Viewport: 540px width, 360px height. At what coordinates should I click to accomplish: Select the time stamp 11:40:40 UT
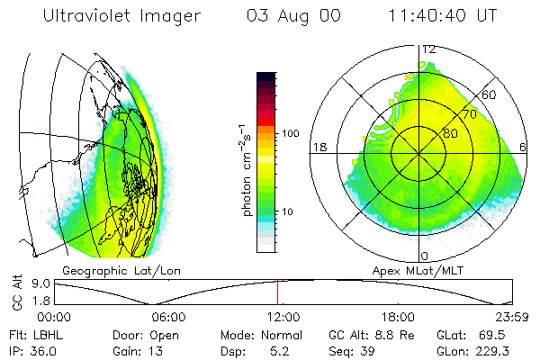tap(444, 16)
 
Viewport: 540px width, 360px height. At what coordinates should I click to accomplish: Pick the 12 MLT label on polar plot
tap(429, 49)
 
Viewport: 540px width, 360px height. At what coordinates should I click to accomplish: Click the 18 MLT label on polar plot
tap(319, 147)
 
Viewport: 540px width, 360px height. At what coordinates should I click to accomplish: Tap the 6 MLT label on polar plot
tap(524, 147)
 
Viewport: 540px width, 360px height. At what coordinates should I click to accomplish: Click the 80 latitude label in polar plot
tap(450, 133)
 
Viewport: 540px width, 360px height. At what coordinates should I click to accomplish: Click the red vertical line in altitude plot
tap(277, 292)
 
